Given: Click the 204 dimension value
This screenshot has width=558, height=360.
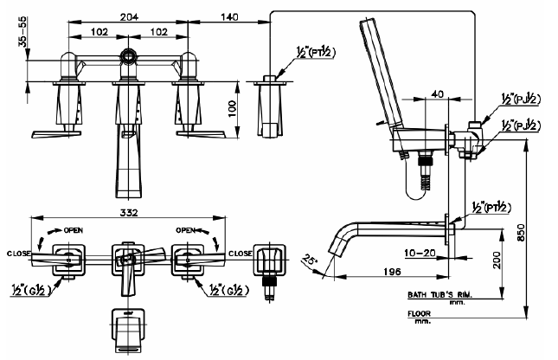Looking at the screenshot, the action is click(x=129, y=16).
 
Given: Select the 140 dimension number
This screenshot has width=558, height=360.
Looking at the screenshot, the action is click(x=229, y=16).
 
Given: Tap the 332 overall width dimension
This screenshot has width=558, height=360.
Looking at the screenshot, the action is click(x=128, y=213).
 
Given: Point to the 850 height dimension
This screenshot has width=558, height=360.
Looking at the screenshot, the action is click(x=520, y=232).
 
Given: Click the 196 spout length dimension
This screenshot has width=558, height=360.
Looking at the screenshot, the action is click(x=392, y=272).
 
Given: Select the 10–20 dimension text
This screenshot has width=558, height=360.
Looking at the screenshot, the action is click(x=420, y=253).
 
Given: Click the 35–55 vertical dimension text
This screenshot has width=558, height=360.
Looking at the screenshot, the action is click(x=22, y=31).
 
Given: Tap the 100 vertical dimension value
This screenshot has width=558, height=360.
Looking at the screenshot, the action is click(x=232, y=109).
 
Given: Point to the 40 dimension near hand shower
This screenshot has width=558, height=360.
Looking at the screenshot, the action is click(x=438, y=93).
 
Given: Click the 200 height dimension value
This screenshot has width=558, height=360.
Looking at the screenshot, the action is click(x=497, y=260).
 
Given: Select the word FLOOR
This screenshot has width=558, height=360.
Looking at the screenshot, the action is click(x=420, y=314).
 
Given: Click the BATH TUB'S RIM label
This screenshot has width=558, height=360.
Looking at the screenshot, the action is click(x=439, y=294).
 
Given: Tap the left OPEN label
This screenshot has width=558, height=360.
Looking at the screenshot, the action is click(x=74, y=230).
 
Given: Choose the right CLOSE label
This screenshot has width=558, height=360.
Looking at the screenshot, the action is click(x=241, y=254).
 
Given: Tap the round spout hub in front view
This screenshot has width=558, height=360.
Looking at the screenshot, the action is click(x=128, y=55).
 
